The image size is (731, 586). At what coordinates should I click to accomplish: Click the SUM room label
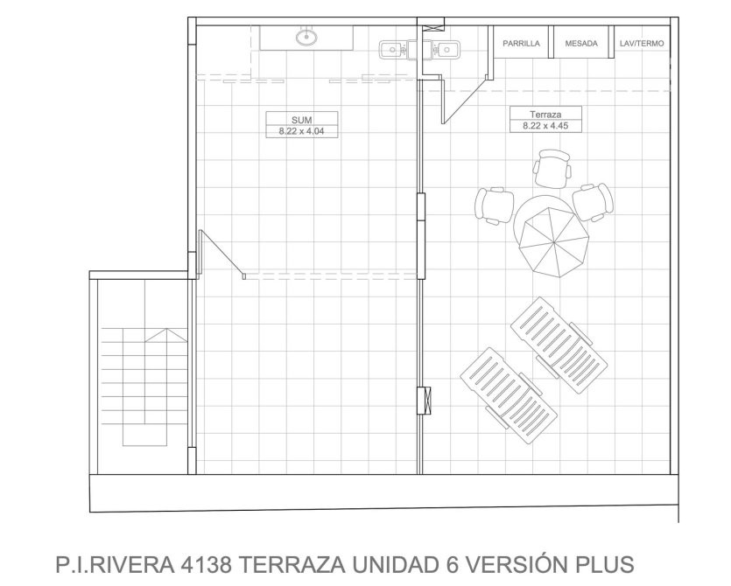tap(302, 120)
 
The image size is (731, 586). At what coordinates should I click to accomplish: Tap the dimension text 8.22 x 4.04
tap(302, 131)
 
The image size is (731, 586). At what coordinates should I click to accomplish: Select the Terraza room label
tap(545, 114)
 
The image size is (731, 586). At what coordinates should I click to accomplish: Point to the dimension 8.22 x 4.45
tap(545, 125)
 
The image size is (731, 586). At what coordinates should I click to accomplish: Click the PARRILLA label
tap(521, 44)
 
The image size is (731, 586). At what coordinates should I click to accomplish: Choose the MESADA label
tap(581, 44)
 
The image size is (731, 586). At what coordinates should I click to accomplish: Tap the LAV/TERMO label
tap(642, 44)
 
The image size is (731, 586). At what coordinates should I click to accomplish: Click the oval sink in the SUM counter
tap(306, 37)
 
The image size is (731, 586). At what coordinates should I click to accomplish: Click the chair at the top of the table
tap(552, 168)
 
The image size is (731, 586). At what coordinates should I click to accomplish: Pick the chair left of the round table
tap(494, 206)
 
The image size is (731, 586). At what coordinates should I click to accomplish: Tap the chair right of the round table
tap(593, 202)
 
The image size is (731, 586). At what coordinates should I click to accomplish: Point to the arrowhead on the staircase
tap(165, 335)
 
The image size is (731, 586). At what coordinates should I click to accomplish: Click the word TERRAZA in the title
tap(292, 565)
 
